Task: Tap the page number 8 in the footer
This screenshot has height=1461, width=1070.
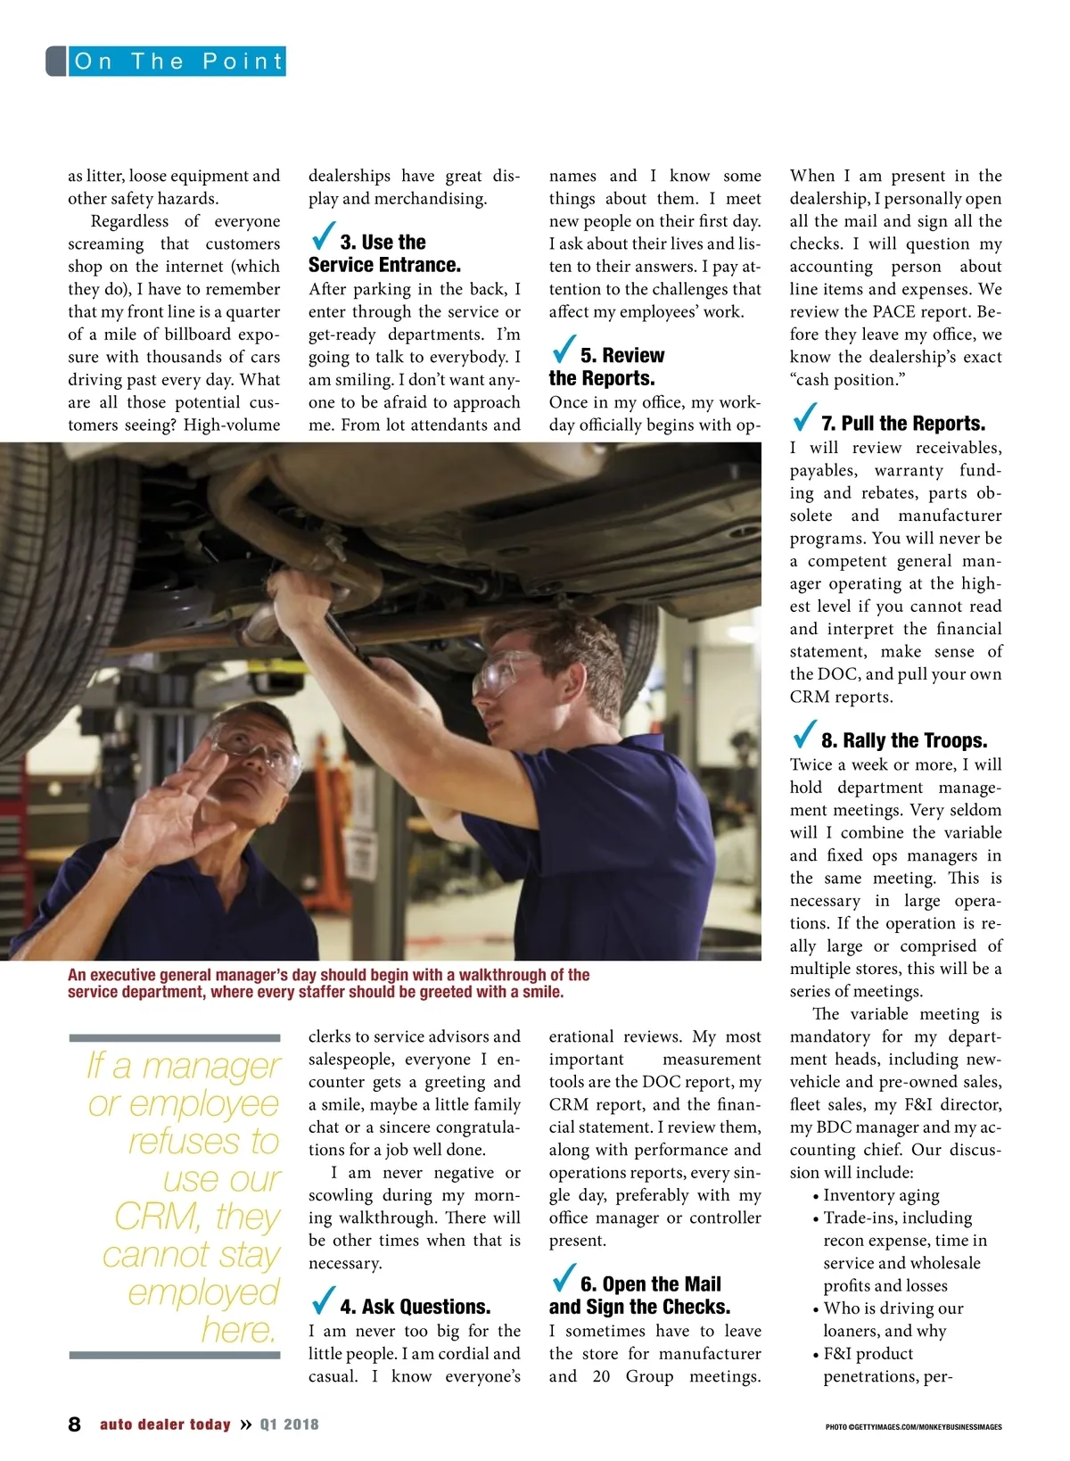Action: [74, 1424]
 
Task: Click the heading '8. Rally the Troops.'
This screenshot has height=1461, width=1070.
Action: [904, 740]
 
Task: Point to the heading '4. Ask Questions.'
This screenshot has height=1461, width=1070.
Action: [415, 1307]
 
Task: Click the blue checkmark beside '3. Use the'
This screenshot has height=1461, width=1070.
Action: [324, 237]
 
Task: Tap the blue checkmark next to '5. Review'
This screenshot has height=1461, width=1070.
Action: [564, 351]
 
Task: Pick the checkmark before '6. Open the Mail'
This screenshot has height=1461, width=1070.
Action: [564, 1279]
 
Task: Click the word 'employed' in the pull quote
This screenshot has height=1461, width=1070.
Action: [203, 1292]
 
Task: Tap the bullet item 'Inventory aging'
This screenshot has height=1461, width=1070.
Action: [881, 1195]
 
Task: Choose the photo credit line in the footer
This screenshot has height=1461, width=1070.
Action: [913, 1427]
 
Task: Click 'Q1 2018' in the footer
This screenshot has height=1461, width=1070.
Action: [289, 1424]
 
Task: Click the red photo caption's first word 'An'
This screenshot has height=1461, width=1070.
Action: [77, 975]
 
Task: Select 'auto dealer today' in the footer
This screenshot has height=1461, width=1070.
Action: [165, 1424]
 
